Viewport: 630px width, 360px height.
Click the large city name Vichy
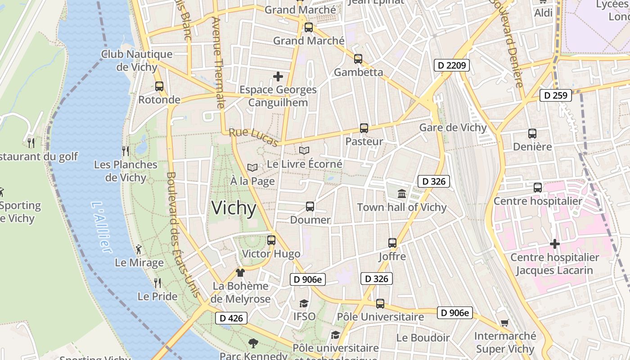pos(234,208)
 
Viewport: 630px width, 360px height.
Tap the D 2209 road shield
pos(452,65)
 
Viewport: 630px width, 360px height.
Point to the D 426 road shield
pos(231,318)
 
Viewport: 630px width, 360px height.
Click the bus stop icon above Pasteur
pos(364,128)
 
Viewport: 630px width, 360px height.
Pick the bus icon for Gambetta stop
pos(358,59)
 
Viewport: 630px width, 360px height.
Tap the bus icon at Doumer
pos(310,207)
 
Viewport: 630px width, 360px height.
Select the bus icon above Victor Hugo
pos(271,240)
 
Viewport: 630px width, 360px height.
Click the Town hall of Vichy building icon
pos(402,194)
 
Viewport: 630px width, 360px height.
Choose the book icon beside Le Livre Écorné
pos(304,151)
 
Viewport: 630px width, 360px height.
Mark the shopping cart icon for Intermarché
pos(505,323)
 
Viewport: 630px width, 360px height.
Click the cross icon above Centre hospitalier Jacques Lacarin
pos(555,244)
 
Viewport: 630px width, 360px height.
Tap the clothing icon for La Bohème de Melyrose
pos(240,273)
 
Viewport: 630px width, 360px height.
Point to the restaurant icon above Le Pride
pos(157,283)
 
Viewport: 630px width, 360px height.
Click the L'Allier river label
pos(101,226)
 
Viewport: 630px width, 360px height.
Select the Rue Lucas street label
pos(253,137)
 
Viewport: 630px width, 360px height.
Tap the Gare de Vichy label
pos(453,127)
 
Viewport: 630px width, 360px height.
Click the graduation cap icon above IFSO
pos(304,303)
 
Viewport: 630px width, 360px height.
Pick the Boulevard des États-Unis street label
pos(183,234)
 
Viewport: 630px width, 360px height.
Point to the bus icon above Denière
pos(532,134)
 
